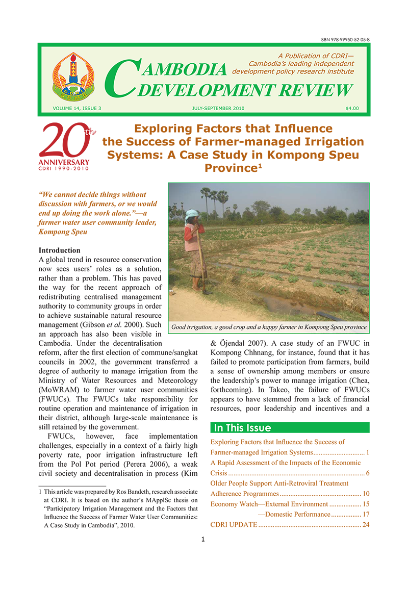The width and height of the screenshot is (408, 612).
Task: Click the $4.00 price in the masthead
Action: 352,108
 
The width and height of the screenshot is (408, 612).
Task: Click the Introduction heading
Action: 59,250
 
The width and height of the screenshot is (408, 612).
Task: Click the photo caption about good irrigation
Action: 269,326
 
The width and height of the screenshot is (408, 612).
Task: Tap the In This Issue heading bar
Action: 290,428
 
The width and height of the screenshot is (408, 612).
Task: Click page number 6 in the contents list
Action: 367,473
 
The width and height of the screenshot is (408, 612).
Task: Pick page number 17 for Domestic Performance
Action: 365,515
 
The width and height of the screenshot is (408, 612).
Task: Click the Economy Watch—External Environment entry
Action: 269,504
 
